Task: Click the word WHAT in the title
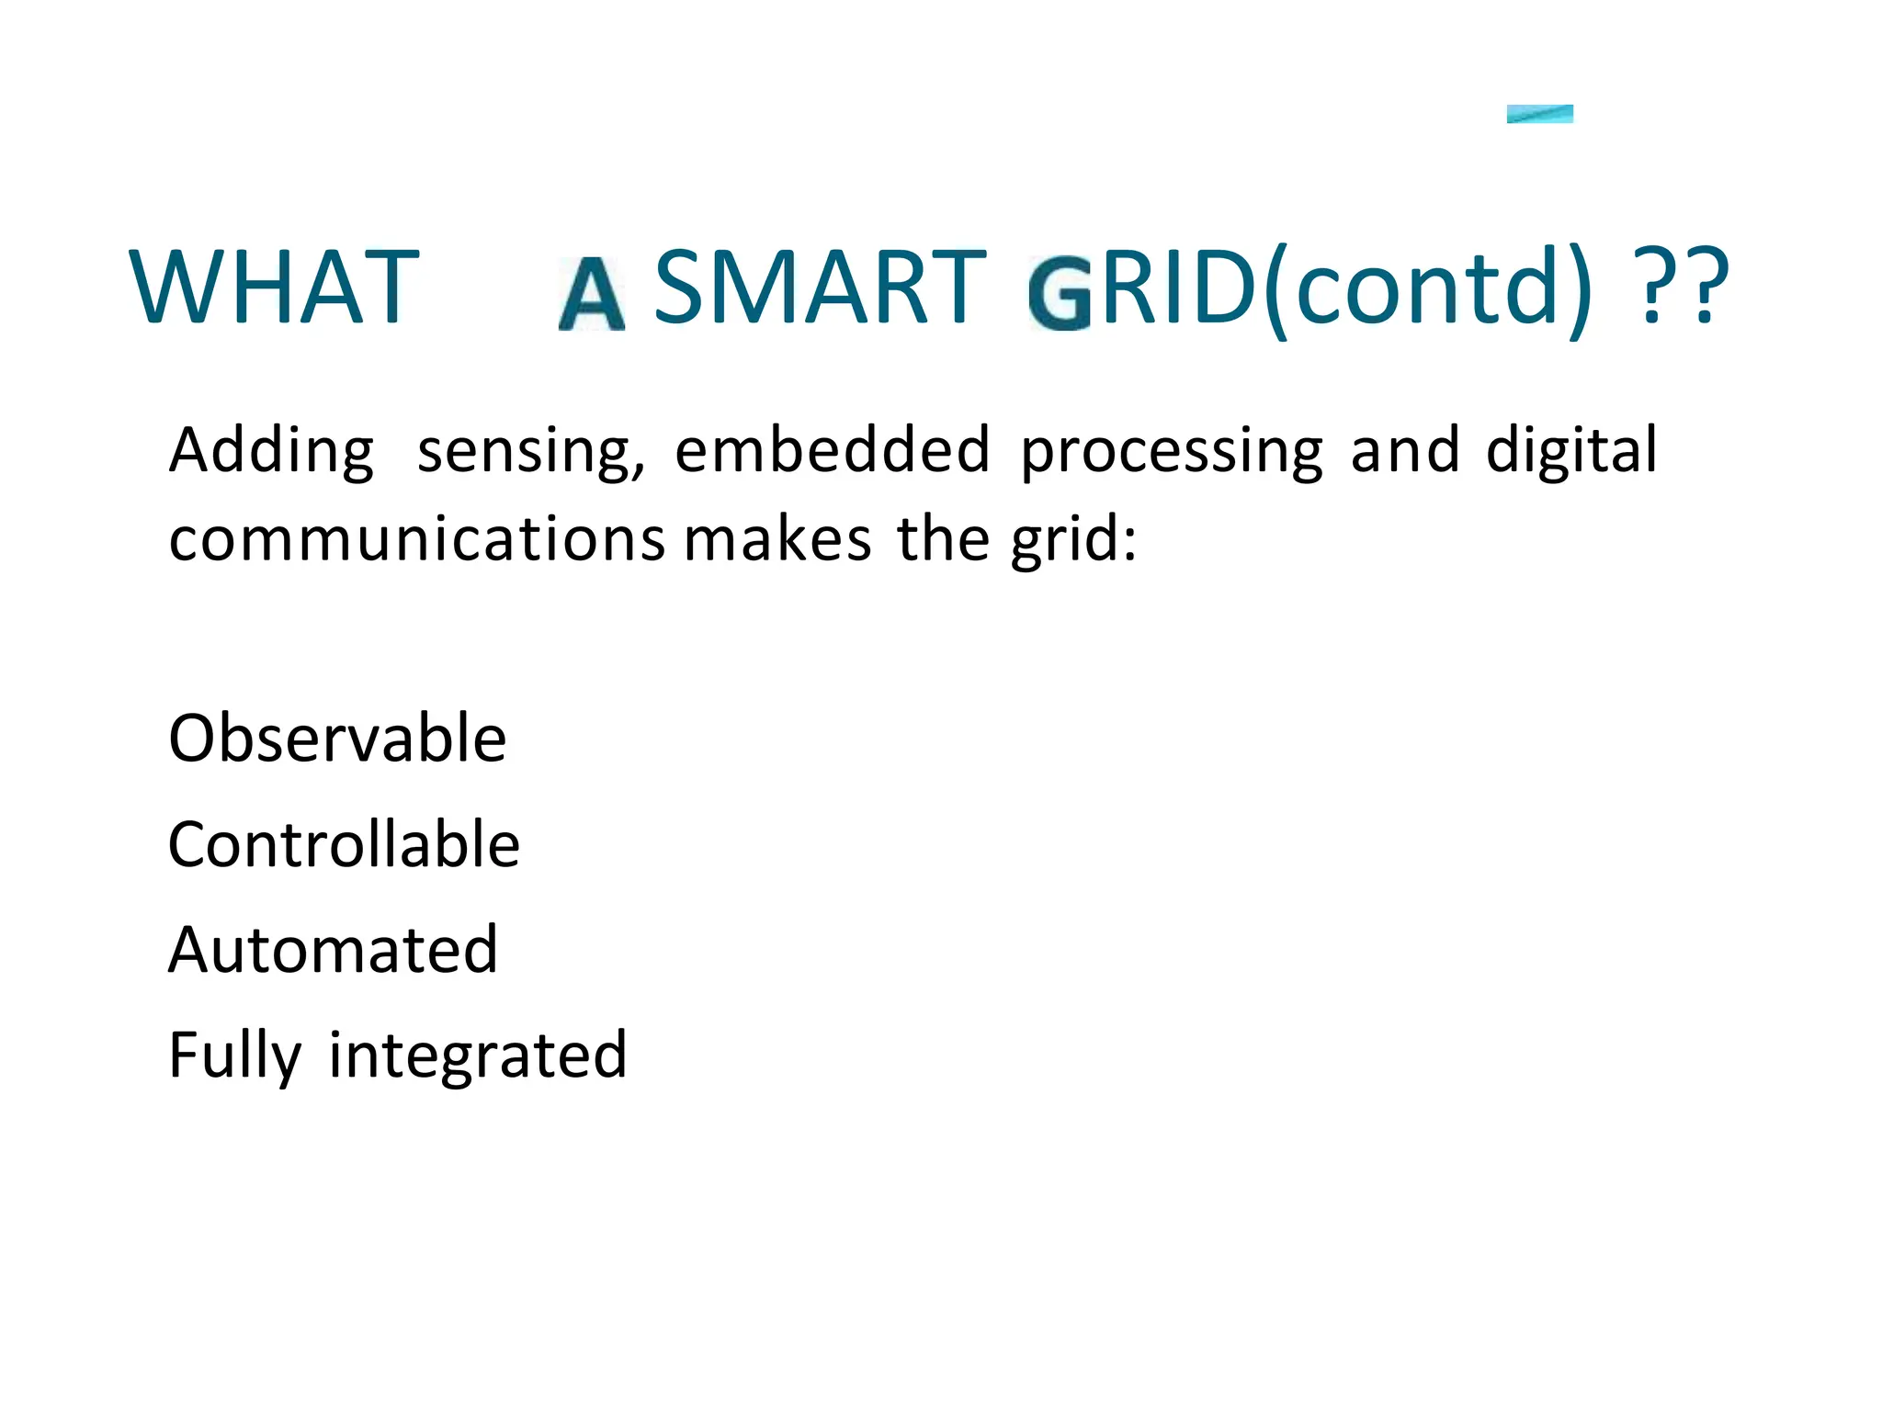click(x=274, y=288)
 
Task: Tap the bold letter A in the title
click(x=592, y=294)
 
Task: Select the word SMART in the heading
click(x=820, y=288)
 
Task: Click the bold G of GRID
click(x=1060, y=295)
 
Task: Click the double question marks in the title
click(x=1684, y=288)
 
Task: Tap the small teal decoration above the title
click(x=1539, y=114)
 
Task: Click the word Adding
click(x=272, y=451)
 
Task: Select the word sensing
click(x=530, y=451)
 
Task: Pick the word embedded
click(x=833, y=450)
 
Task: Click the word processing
click(x=1172, y=451)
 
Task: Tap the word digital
click(x=1571, y=450)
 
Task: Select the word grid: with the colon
click(x=1073, y=540)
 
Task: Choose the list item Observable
click(x=337, y=738)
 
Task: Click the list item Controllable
click(x=344, y=844)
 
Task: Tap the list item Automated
click(x=333, y=949)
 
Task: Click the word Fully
click(x=235, y=1056)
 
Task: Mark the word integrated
click(x=478, y=1055)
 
